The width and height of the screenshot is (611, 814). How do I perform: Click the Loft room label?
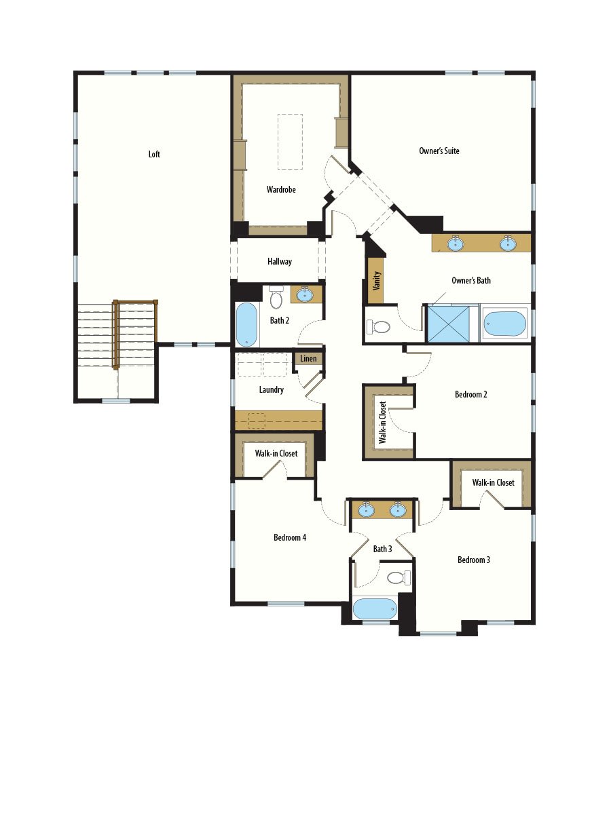pyautogui.click(x=155, y=155)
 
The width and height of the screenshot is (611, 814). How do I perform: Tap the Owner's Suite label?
pyautogui.click(x=439, y=151)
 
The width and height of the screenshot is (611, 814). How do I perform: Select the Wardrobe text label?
pyautogui.click(x=281, y=190)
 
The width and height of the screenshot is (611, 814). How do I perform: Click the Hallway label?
pyautogui.click(x=280, y=261)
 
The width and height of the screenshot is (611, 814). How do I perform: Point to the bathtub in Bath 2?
pyautogui.click(x=246, y=325)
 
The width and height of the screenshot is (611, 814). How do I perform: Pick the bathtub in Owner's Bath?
pyautogui.click(x=505, y=324)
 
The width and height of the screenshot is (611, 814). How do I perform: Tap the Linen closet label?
pyautogui.click(x=308, y=359)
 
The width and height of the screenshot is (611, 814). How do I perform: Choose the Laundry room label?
pyautogui.click(x=272, y=390)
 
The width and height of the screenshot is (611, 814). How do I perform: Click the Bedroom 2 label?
pyautogui.click(x=471, y=394)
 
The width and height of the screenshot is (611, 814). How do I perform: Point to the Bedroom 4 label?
pyautogui.click(x=290, y=538)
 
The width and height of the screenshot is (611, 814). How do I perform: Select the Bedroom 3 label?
pyautogui.click(x=474, y=560)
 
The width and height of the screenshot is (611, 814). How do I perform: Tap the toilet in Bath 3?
pyautogui.click(x=397, y=578)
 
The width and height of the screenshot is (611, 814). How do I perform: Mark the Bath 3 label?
pyautogui.click(x=382, y=549)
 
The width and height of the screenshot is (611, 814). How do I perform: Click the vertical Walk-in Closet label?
pyautogui.click(x=383, y=422)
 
